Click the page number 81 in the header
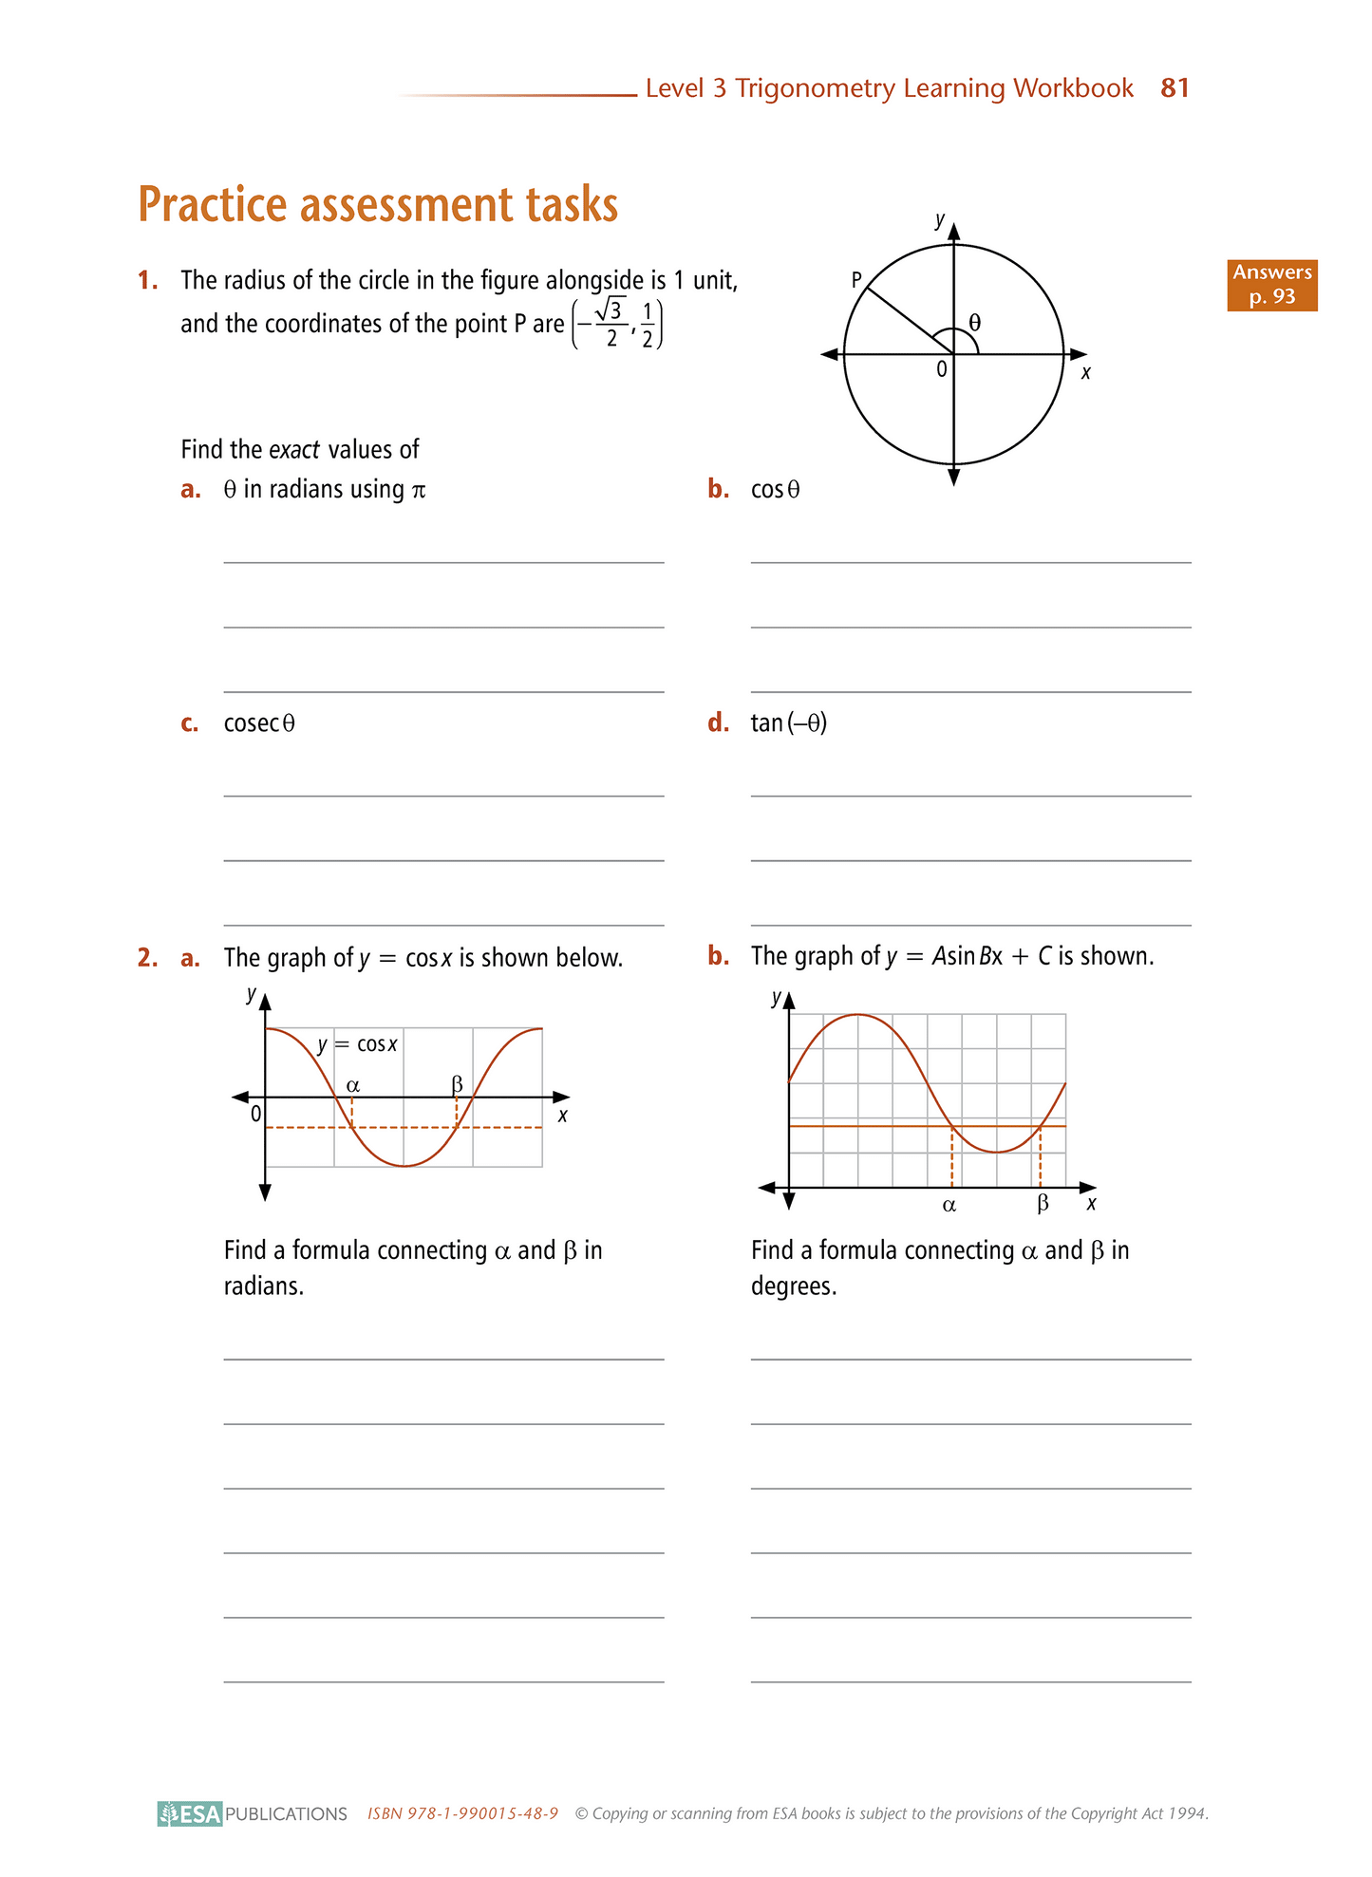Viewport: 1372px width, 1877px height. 1175,88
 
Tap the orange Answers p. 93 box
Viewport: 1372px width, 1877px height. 1271,285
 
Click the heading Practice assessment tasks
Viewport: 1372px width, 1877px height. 378,204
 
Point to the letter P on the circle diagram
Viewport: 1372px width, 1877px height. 856,280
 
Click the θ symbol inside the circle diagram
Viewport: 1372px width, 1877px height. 974,323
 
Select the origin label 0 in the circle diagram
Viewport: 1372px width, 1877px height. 942,369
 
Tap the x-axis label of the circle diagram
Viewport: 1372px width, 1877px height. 1086,373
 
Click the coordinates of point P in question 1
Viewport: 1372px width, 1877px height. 617,324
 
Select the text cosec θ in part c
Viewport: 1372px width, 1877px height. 259,723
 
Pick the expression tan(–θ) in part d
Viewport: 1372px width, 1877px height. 789,723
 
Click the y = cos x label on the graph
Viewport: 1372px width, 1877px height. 357,1044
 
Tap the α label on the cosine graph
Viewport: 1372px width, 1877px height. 353,1084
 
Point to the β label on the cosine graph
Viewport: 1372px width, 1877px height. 457,1083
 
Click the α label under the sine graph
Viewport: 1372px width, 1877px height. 949,1206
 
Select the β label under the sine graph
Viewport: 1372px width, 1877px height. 1043,1204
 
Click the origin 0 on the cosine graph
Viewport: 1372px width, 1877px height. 255,1114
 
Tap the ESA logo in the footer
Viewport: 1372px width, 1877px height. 191,1813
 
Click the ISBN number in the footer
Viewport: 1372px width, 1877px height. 462,1813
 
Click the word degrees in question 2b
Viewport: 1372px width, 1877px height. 794,1286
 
